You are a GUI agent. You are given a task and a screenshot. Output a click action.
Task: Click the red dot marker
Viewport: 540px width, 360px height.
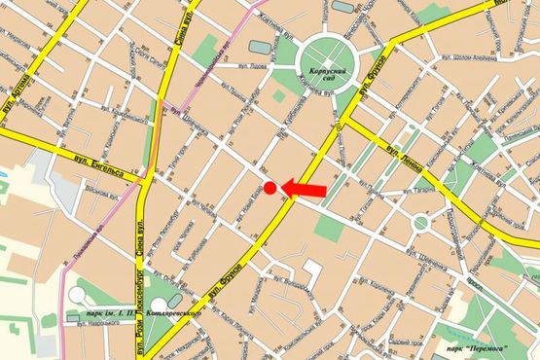pyautogui.click(x=270, y=188)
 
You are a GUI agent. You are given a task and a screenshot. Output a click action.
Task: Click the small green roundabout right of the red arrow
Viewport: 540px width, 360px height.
pyautogui.click(x=420, y=222)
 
